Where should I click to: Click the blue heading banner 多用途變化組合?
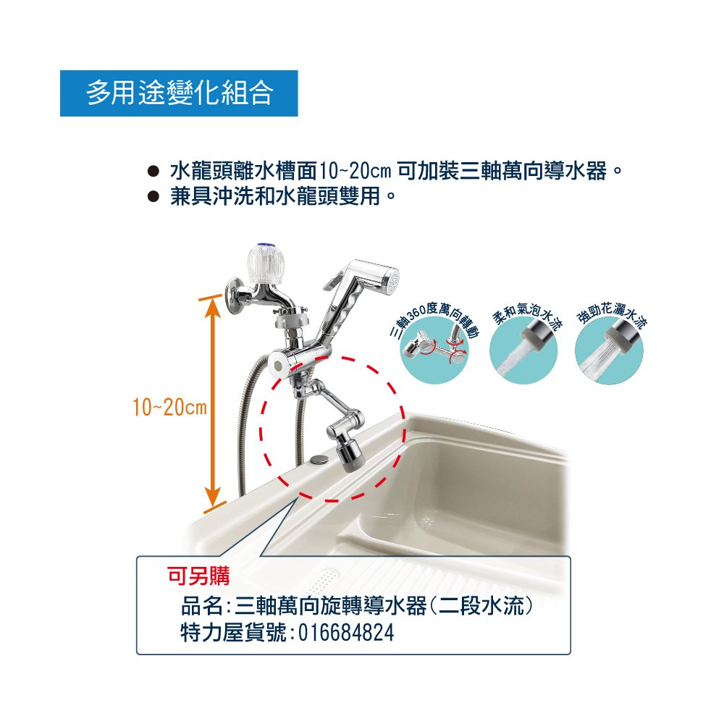(179, 93)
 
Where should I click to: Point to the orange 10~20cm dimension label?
(169, 407)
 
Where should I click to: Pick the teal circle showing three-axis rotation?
(434, 350)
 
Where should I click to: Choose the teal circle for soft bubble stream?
(523, 350)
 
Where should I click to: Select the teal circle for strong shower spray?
(609, 350)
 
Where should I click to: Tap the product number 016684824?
(346, 633)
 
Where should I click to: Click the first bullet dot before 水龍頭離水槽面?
(153, 172)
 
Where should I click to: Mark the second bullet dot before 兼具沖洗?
(153, 197)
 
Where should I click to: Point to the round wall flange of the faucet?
(234, 295)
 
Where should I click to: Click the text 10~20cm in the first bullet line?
(355, 172)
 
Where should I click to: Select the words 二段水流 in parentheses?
(481, 606)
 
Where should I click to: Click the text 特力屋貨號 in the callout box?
(234, 633)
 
